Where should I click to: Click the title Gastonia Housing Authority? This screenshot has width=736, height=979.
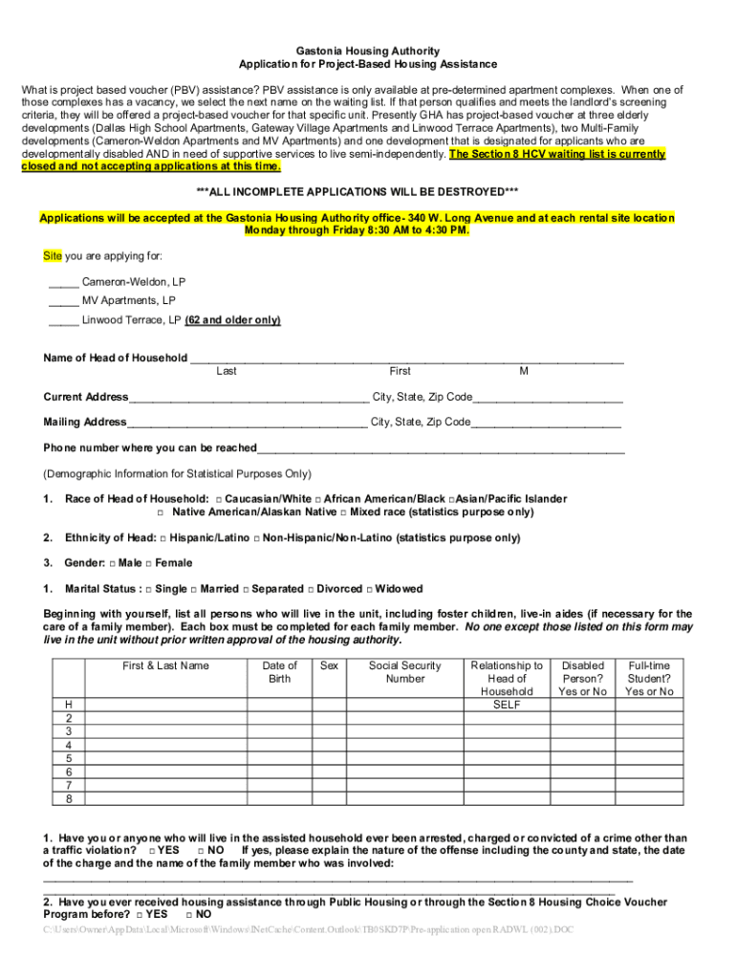pyautogui.click(x=368, y=50)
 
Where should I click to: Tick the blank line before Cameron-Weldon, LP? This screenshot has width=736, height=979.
pyautogui.click(x=63, y=282)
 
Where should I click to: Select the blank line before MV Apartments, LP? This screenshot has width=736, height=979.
pyautogui.click(x=63, y=301)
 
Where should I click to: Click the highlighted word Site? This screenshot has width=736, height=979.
pyautogui.click(x=53, y=256)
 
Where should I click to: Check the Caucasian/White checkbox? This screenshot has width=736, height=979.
pyautogui.click(x=220, y=499)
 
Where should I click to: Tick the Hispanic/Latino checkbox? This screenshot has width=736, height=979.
pyautogui.click(x=163, y=538)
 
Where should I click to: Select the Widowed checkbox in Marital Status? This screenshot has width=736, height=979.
pyautogui.click(x=369, y=589)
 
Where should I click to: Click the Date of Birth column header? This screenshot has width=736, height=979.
pyautogui.click(x=279, y=672)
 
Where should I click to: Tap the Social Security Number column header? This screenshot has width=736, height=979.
pyautogui.click(x=405, y=672)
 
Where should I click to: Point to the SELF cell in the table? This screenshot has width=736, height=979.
pyautogui.click(x=507, y=705)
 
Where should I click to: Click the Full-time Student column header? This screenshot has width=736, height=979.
pyautogui.click(x=649, y=678)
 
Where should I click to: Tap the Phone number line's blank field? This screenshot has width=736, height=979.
pyautogui.click(x=440, y=448)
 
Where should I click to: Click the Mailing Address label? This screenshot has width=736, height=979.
pyautogui.click(x=85, y=422)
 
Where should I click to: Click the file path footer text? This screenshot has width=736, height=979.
pyautogui.click(x=309, y=929)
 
